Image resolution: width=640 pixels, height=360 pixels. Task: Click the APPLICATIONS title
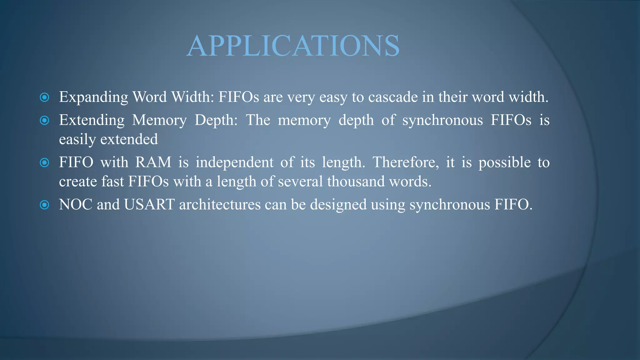tap(293, 46)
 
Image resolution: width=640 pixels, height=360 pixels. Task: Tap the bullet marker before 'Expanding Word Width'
tap(45, 97)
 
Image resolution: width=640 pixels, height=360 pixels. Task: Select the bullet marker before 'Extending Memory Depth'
tap(45, 120)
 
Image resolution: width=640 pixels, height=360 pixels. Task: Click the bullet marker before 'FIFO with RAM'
tap(45, 162)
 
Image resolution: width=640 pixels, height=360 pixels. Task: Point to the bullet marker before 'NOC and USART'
tap(45, 205)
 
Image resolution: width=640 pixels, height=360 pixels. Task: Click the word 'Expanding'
tap(93, 97)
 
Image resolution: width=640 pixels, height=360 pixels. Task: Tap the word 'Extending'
tap(92, 120)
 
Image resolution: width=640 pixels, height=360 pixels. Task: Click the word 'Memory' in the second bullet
tap(159, 120)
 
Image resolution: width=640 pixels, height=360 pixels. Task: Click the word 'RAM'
tap(153, 162)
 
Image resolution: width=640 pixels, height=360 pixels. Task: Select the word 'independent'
tap(234, 162)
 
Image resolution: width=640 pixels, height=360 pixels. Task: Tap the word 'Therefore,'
tap(406, 162)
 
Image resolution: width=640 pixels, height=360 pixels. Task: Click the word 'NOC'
tap(76, 205)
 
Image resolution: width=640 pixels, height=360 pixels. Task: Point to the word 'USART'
tap(149, 205)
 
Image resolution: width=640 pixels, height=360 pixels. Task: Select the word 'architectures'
tap(220, 205)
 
